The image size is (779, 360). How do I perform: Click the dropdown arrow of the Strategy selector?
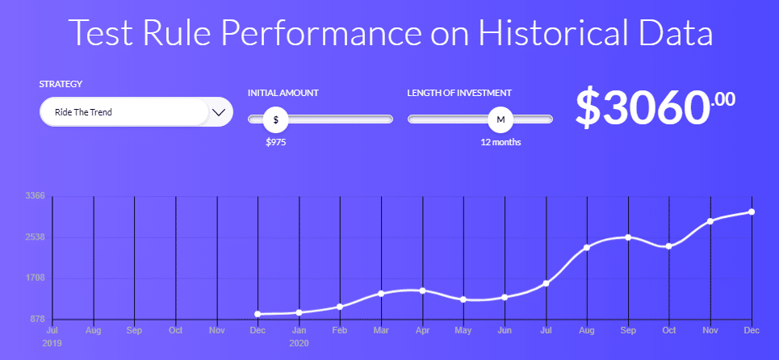click(219, 111)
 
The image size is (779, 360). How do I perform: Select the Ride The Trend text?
click(83, 112)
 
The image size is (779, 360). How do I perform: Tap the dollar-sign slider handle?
click(276, 119)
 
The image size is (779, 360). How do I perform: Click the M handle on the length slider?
click(500, 119)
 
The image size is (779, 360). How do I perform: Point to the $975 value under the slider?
click(276, 143)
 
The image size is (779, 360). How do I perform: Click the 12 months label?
click(500, 143)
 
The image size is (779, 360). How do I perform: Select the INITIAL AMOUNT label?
click(283, 93)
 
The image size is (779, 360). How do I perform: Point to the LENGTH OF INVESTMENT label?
click(459, 93)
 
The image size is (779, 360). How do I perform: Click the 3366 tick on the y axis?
click(36, 195)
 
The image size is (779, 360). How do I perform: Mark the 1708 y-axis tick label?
click(36, 278)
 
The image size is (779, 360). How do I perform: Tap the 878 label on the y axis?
click(36, 320)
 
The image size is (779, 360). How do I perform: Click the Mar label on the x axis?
click(381, 330)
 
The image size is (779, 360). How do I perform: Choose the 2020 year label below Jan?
click(299, 343)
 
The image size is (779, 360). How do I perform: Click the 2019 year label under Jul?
click(52, 343)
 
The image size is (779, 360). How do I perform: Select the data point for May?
click(463, 299)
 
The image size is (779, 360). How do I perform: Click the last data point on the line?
click(752, 212)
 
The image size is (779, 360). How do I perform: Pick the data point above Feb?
click(340, 307)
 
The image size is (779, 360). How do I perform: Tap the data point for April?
click(422, 291)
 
